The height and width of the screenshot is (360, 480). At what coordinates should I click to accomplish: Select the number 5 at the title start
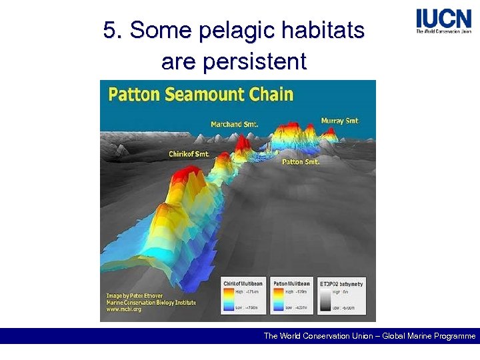pyautogui.click(x=110, y=31)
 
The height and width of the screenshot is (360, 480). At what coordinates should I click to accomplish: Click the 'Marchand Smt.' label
pyautogui.click(x=235, y=124)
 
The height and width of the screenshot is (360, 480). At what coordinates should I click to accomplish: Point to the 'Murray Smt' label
pyautogui.click(x=339, y=121)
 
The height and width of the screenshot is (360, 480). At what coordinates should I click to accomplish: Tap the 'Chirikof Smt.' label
pyautogui.click(x=189, y=154)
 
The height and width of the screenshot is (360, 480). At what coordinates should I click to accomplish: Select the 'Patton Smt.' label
pyautogui.click(x=301, y=161)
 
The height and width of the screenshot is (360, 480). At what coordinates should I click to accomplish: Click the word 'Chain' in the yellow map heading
pyautogui.click(x=271, y=93)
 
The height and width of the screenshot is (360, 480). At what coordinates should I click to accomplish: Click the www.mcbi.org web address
pyautogui.click(x=125, y=310)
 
